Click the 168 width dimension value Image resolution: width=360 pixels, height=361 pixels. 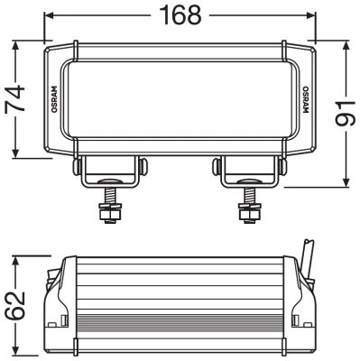[180, 14]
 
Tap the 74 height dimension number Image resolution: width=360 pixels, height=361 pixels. [14, 98]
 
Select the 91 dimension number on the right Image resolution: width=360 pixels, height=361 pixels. [346, 114]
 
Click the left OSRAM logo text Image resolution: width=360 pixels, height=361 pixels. [54, 99]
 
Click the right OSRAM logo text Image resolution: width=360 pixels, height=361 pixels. [306, 100]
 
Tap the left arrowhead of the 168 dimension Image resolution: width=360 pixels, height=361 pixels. [49, 15]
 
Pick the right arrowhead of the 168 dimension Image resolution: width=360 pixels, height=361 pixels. [310, 15]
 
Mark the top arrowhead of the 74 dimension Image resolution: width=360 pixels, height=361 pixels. [15, 46]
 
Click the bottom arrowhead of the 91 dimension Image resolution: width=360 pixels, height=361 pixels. [346, 182]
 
